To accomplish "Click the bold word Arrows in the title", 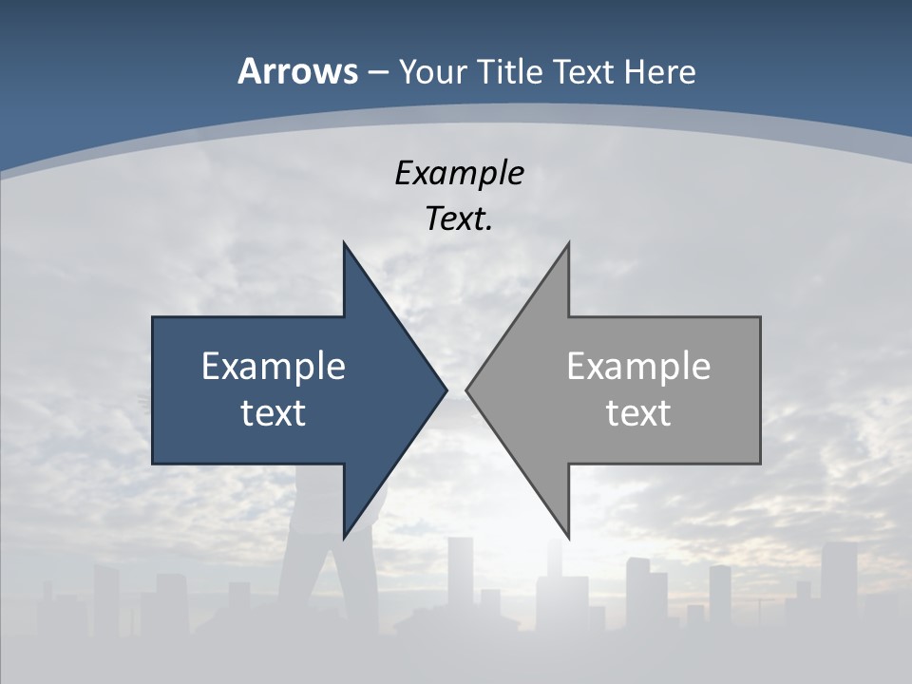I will [x=296, y=71].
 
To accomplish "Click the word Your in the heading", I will [x=432, y=71].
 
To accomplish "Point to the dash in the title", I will [x=377, y=72].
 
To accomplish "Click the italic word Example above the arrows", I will [x=459, y=173].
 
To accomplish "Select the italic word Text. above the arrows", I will [x=459, y=219].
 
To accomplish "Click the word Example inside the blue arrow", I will [x=274, y=366].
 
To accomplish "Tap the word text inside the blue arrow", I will [x=274, y=412].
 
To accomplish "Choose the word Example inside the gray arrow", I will [x=638, y=366].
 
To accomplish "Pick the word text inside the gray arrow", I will [x=638, y=412].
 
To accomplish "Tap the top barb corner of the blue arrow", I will [x=345, y=244].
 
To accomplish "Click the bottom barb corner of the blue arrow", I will [x=345, y=537].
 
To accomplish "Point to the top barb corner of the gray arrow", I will [x=568, y=244].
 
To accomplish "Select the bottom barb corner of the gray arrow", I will [x=568, y=537].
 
